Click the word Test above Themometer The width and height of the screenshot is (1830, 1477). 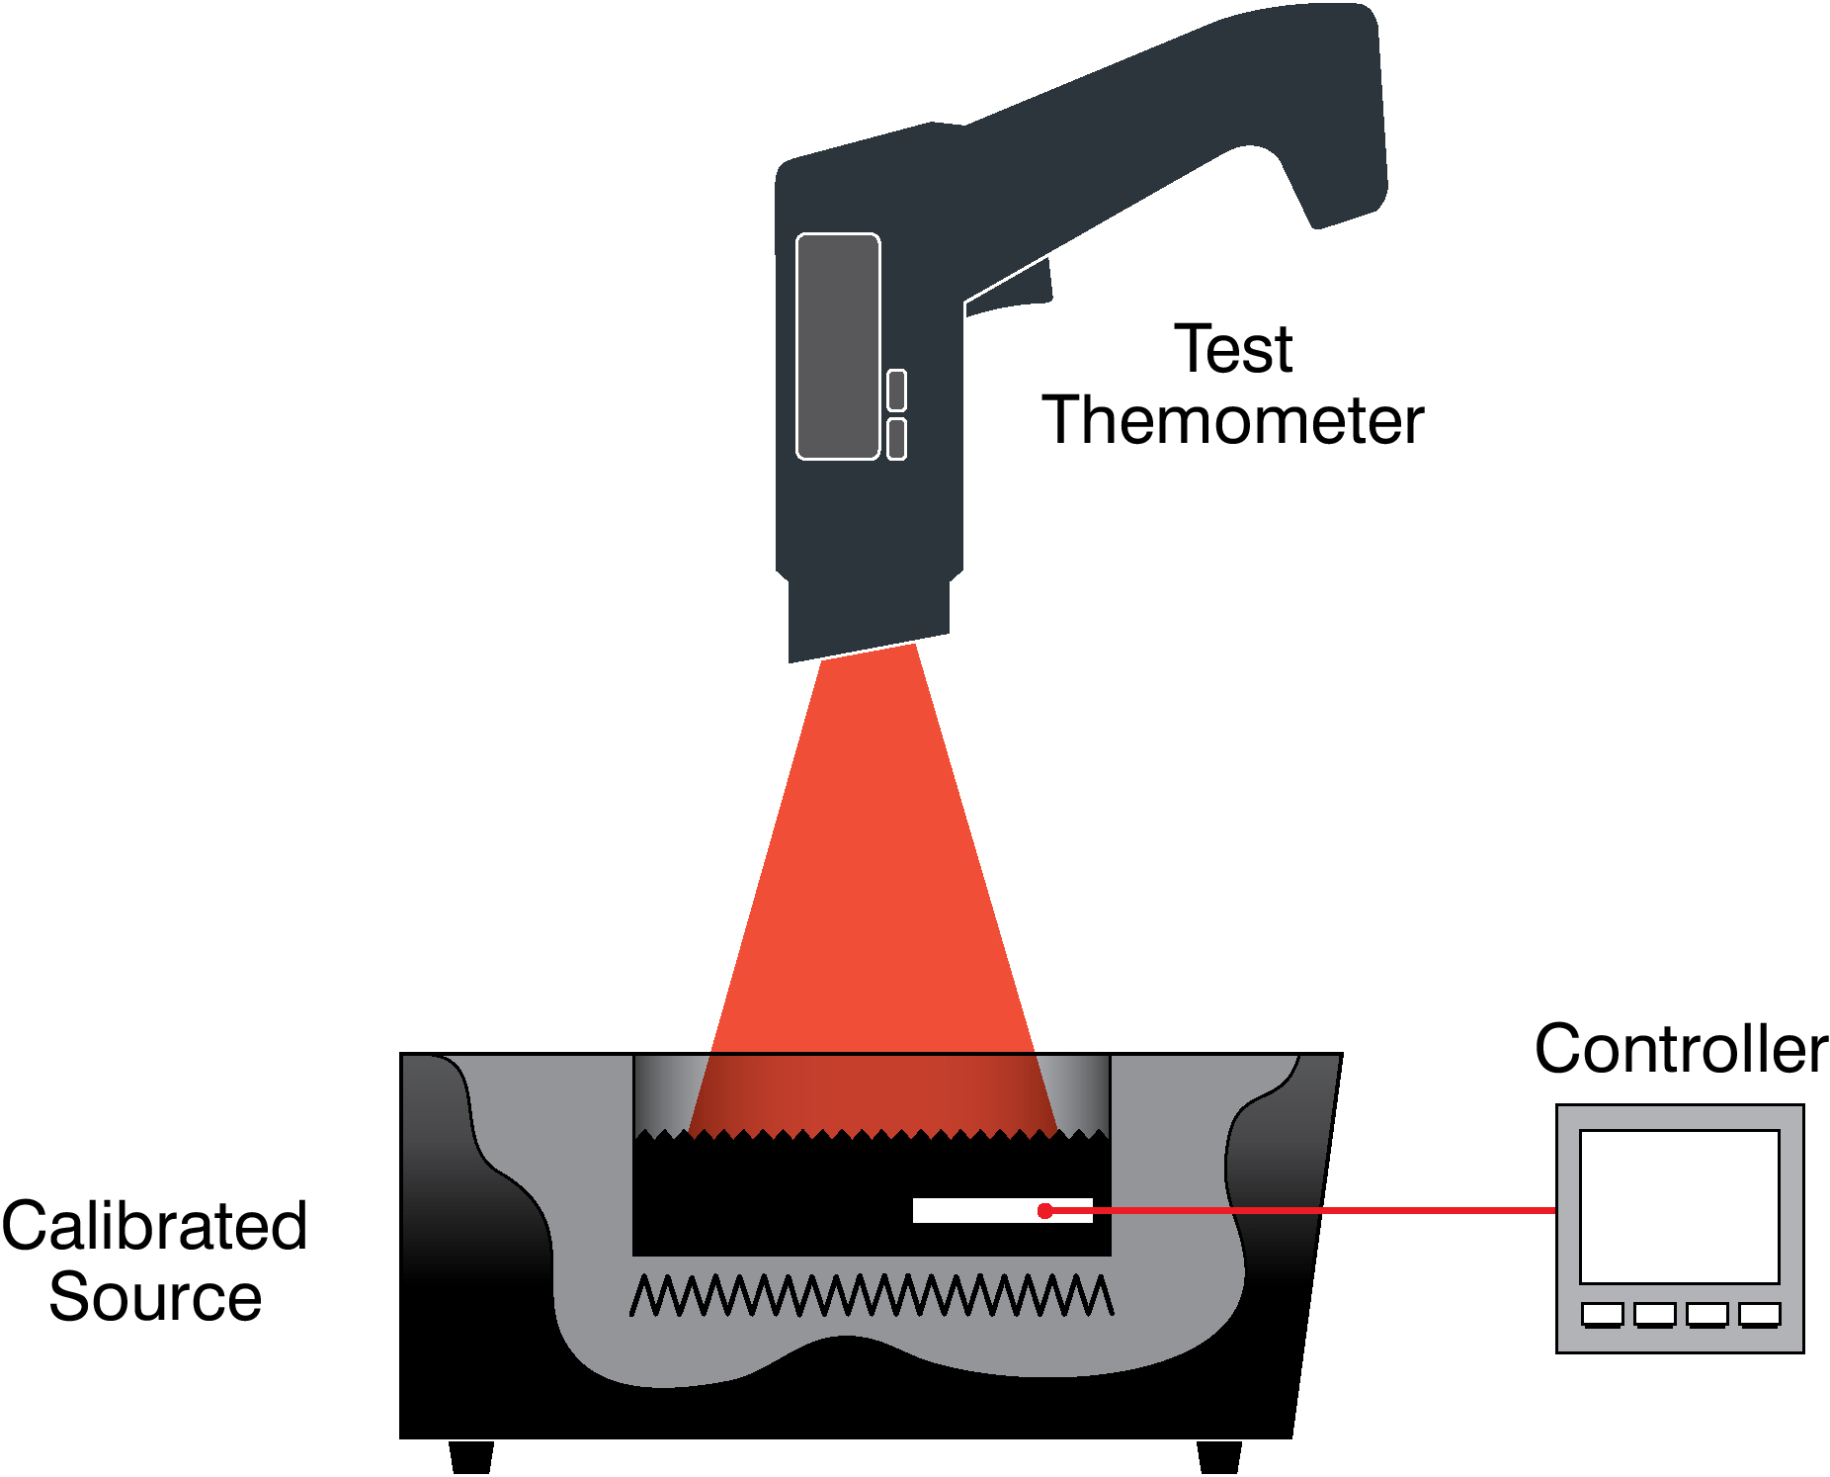pyautogui.click(x=1233, y=349)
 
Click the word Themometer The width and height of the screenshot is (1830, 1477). pyautogui.click(x=1233, y=420)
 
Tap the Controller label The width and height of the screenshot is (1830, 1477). pyautogui.click(x=1681, y=1049)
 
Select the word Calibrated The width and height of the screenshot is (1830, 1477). pyautogui.click(x=154, y=1226)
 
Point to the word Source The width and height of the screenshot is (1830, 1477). pyautogui.click(x=155, y=1297)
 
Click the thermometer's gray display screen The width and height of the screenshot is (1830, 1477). pyautogui.click(x=838, y=347)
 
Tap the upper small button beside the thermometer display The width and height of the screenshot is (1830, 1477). pyautogui.click(x=896, y=391)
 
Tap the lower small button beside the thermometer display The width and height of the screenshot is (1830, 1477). pyautogui.click(x=896, y=439)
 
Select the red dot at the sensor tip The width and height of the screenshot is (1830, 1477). pyautogui.click(x=1044, y=1210)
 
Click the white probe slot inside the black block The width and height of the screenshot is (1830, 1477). pyautogui.click(x=1002, y=1210)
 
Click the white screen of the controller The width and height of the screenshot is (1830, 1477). pyautogui.click(x=1679, y=1207)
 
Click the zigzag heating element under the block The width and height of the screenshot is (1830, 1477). pyautogui.click(x=872, y=1295)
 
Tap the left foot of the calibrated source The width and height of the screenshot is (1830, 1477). pyautogui.click(x=471, y=1456)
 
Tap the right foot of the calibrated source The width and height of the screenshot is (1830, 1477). pyautogui.click(x=1219, y=1456)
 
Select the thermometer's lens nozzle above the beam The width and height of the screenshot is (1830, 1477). pyautogui.click(x=869, y=618)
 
